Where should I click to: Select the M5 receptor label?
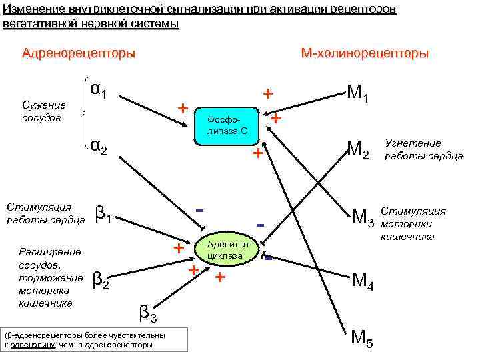(x=362, y=339)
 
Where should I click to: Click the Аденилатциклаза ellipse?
(x=229, y=251)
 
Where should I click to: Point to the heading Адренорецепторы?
(x=79, y=53)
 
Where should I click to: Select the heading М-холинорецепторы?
(x=365, y=53)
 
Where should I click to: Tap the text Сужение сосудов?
(x=44, y=112)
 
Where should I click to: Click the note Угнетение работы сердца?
(x=422, y=149)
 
